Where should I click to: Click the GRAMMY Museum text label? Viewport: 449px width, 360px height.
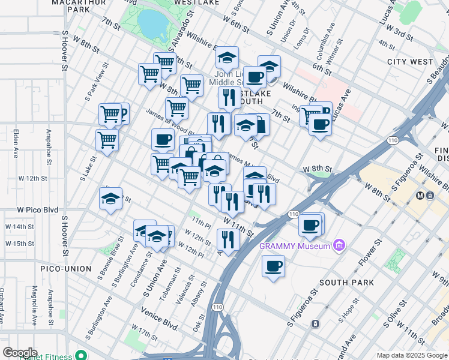[x=295, y=246]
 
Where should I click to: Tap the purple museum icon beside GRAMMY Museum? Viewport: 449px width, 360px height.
[x=340, y=245]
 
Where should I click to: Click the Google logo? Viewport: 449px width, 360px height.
[x=20, y=353]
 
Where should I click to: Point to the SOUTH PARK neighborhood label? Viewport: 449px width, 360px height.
[x=346, y=283]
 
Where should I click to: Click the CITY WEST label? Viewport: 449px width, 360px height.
[x=410, y=62]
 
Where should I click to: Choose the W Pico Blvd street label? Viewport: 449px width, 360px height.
[x=37, y=210]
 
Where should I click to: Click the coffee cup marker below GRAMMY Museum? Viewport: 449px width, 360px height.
[x=273, y=265]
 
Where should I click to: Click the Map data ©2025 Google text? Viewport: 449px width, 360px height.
[x=412, y=355]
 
